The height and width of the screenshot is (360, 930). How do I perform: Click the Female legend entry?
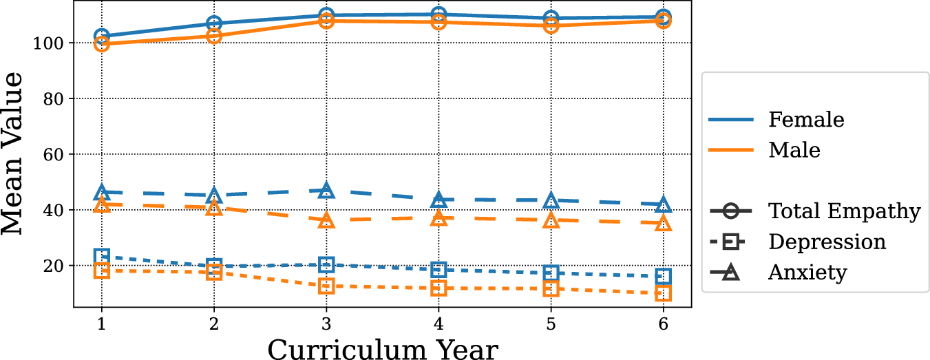click(x=806, y=119)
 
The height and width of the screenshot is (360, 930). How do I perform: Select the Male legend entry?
click(x=794, y=149)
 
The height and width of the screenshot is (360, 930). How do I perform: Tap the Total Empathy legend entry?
click(x=844, y=211)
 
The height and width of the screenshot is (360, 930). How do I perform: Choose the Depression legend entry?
click(x=827, y=242)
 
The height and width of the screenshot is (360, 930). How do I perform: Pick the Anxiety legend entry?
click(x=807, y=273)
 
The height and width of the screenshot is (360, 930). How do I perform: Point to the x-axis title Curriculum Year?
click(x=382, y=349)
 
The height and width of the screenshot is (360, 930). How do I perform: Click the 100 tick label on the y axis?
click(x=50, y=43)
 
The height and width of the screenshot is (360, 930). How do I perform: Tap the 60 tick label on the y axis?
click(x=54, y=155)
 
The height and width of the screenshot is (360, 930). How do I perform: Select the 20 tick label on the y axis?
click(x=54, y=266)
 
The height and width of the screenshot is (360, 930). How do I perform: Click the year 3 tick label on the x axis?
click(x=326, y=324)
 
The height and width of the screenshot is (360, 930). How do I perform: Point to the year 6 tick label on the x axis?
click(x=664, y=324)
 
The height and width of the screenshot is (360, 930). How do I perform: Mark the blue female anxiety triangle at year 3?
click(x=326, y=190)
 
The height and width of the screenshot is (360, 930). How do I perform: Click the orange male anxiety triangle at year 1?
click(x=102, y=204)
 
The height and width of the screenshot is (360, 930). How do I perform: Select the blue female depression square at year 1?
click(x=102, y=257)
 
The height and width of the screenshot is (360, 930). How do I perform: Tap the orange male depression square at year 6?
click(x=664, y=293)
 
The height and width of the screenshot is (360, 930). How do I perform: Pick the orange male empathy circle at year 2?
click(x=214, y=36)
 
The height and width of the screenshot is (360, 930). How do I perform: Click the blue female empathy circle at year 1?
click(x=102, y=36)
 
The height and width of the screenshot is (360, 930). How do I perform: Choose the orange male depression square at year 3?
click(x=326, y=286)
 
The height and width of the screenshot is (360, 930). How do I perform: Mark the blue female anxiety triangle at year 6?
click(x=664, y=204)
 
